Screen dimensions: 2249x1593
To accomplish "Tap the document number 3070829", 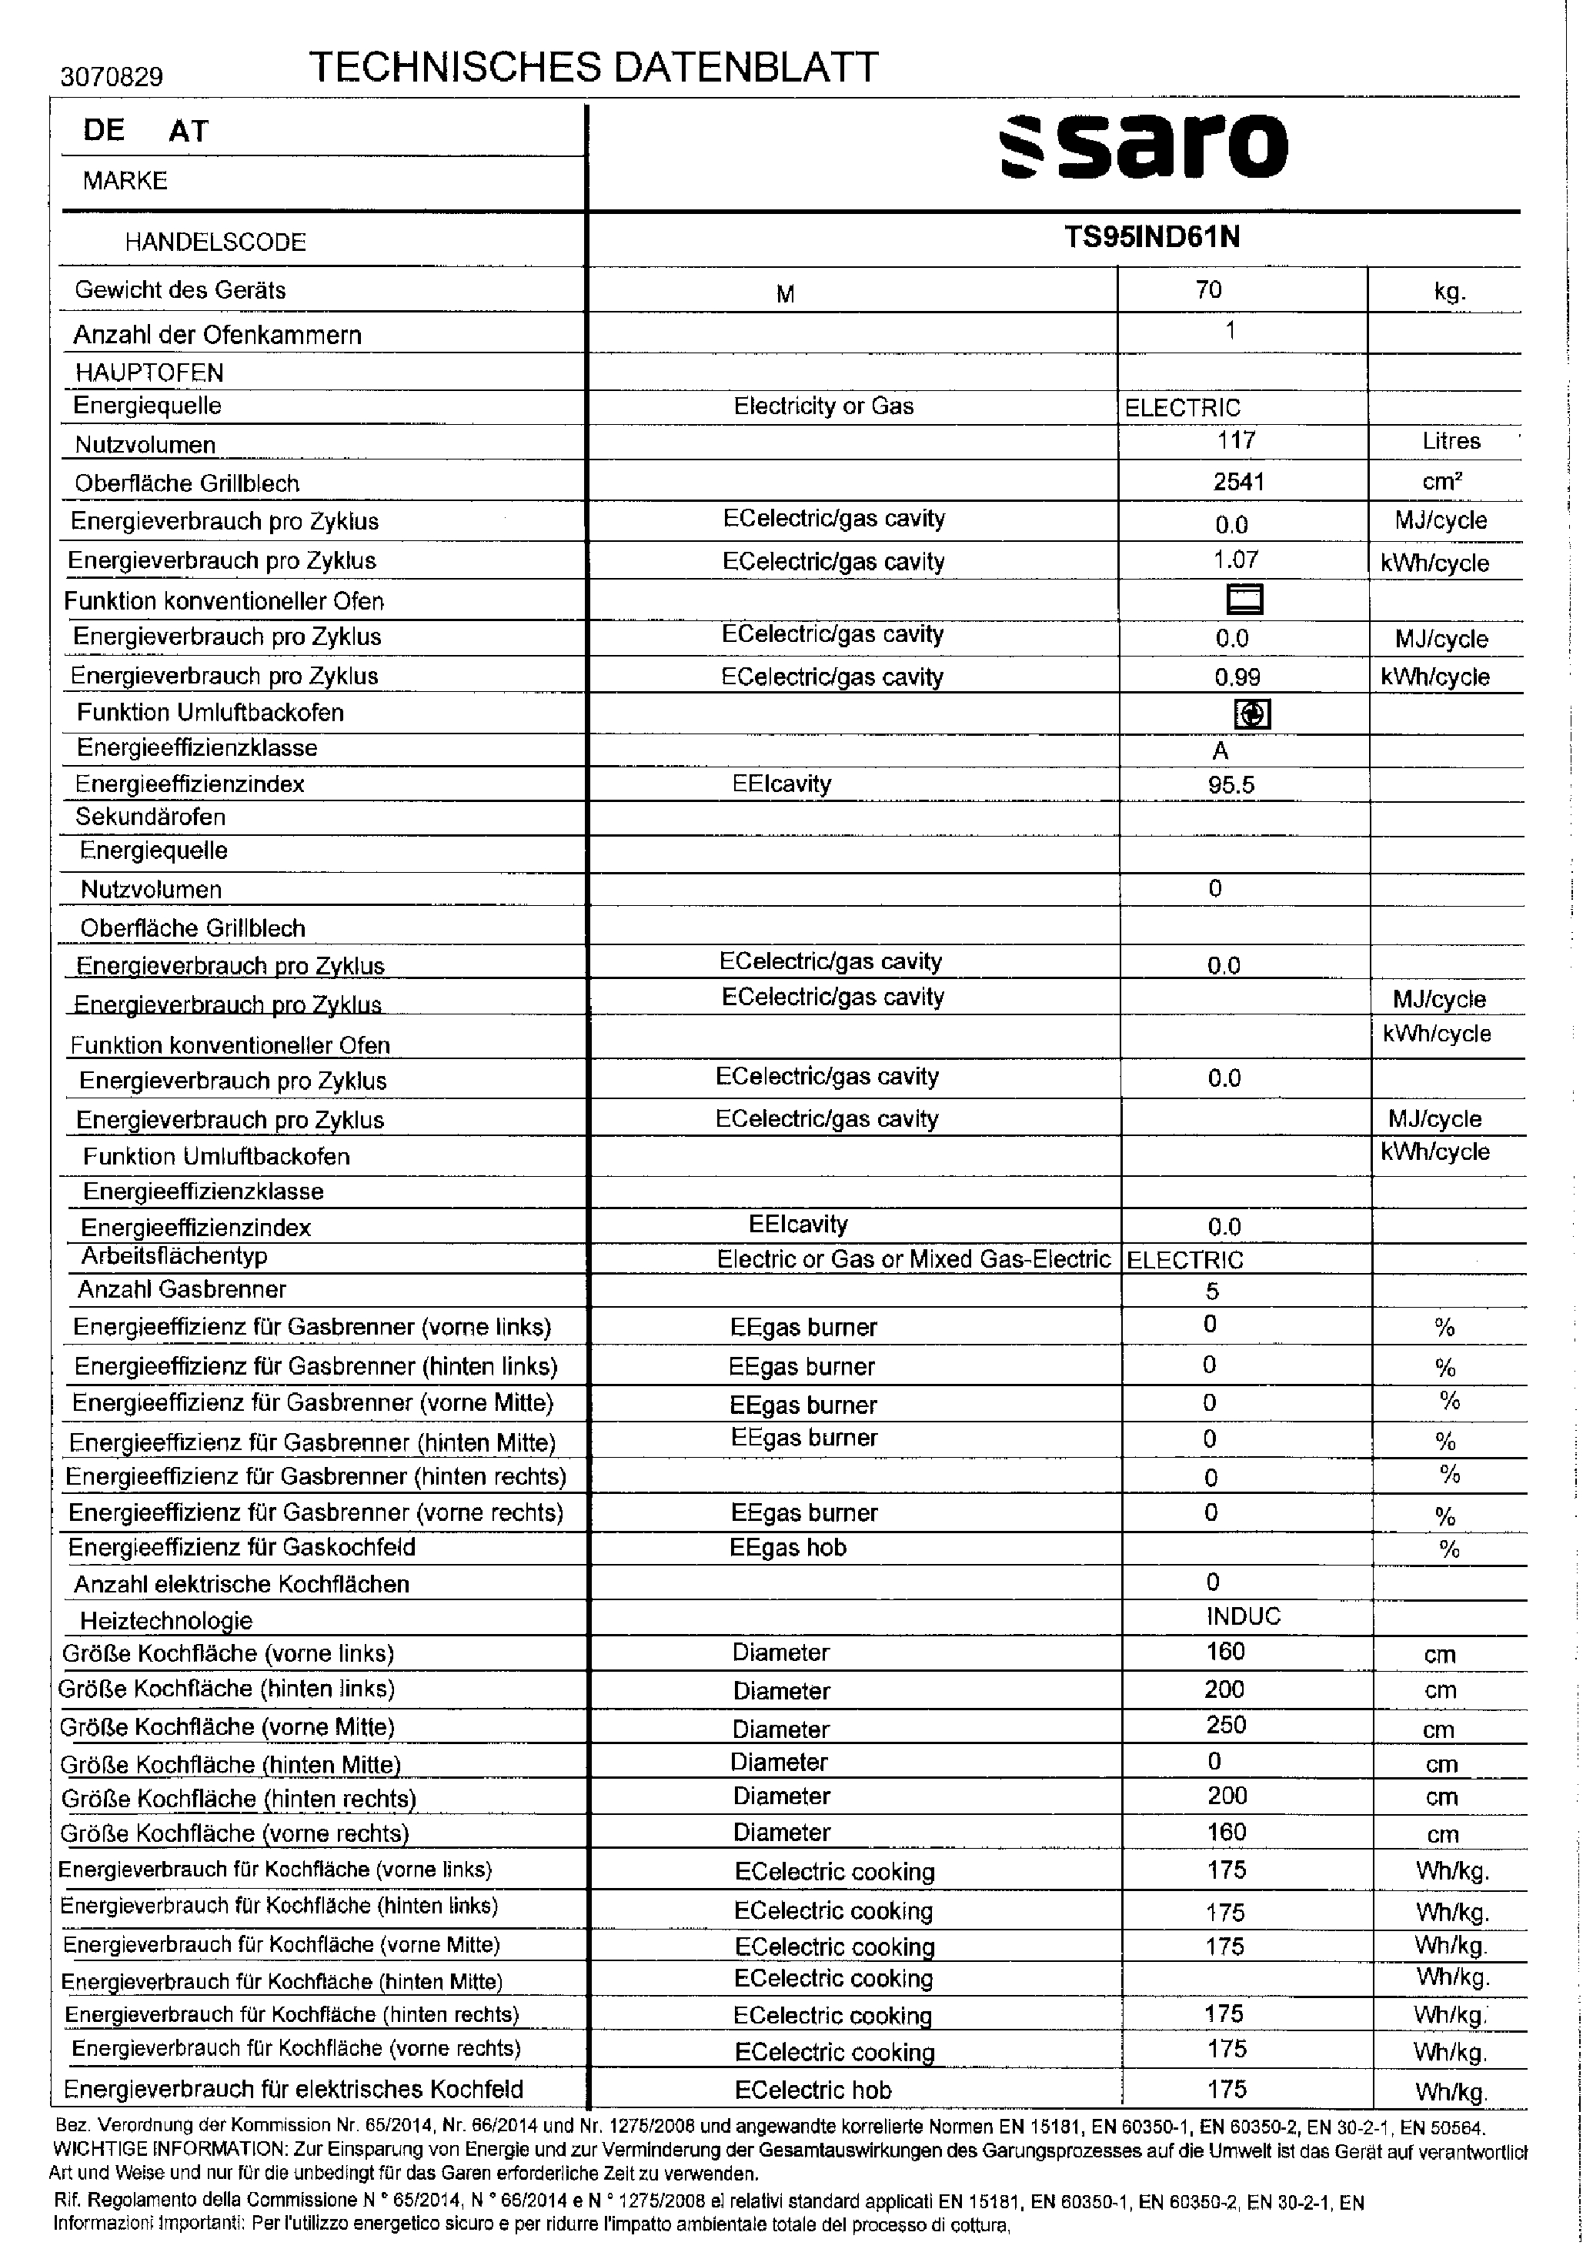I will pos(112,76).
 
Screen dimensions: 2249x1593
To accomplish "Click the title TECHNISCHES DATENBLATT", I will pos(593,67).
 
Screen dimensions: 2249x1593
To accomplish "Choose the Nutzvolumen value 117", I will pos(1236,440).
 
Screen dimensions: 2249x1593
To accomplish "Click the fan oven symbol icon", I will pos(1251,714).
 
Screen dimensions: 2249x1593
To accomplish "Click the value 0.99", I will pos(1237,677).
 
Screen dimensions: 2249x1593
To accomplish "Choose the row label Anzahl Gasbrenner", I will pos(182,1290).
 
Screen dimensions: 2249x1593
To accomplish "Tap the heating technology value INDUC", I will pos(1243,1616).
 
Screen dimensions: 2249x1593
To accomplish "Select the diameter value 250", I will pos(1226,1726).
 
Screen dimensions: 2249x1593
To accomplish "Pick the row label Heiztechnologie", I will pos(165,1620).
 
